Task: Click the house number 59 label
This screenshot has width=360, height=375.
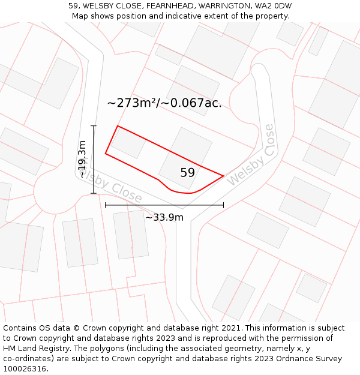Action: pos(187,173)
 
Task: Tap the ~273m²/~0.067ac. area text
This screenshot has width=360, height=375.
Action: pos(164,103)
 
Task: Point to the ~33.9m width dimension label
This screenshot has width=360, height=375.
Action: pos(164,217)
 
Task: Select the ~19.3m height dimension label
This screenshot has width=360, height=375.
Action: pos(83,160)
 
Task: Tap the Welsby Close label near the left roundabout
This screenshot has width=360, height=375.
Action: pos(111,186)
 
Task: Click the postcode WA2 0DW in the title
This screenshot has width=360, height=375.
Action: pos(273,6)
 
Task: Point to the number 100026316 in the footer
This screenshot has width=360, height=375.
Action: pos(25,369)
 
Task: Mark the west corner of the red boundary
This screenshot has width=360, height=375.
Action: pos(106,154)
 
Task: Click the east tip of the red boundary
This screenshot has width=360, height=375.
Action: pos(224,176)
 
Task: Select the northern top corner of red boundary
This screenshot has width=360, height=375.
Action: pos(118,126)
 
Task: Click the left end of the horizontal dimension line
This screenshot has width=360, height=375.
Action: pos(106,205)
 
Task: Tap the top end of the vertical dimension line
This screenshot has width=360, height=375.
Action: pos(94,126)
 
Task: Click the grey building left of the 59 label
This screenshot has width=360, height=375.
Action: pos(127,143)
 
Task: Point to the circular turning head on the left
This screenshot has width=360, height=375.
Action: pos(56,191)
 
